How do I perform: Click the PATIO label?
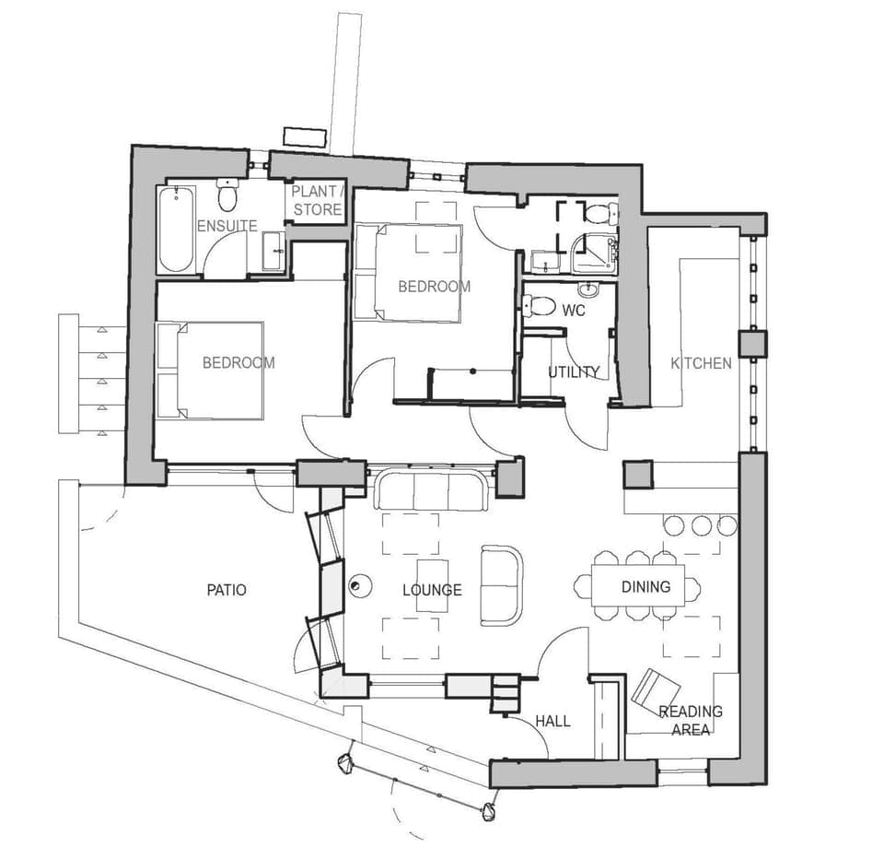(x=227, y=589)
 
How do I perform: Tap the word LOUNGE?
(x=432, y=590)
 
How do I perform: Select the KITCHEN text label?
(x=701, y=363)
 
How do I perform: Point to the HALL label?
(x=552, y=721)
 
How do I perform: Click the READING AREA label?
(x=691, y=720)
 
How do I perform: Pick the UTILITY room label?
(x=574, y=372)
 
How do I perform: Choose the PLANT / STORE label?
(x=317, y=201)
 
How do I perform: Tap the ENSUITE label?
(x=227, y=226)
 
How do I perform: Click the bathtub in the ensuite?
(x=175, y=230)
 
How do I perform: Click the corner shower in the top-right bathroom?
(x=592, y=253)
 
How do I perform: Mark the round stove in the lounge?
(x=359, y=583)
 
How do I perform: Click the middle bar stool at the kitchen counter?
(x=702, y=525)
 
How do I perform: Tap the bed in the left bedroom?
(x=211, y=369)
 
